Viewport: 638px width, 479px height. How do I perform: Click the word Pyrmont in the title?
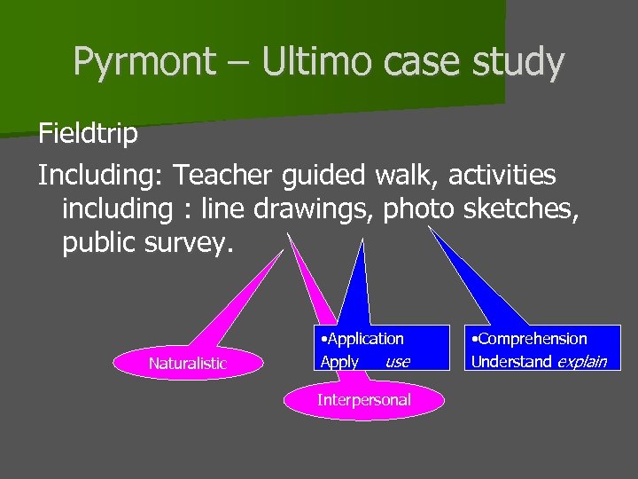coord(144,62)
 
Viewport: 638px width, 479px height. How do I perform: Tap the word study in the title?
coord(518,62)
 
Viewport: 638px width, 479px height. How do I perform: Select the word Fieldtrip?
coord(88,134)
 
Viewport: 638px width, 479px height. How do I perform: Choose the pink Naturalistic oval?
coord(188,363)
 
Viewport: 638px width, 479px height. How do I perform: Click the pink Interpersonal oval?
coord(364,399)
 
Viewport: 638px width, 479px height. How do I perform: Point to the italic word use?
coord(398,362)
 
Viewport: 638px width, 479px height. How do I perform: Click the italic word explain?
coord(581,361)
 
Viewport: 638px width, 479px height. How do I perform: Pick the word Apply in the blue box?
coord(339,362)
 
